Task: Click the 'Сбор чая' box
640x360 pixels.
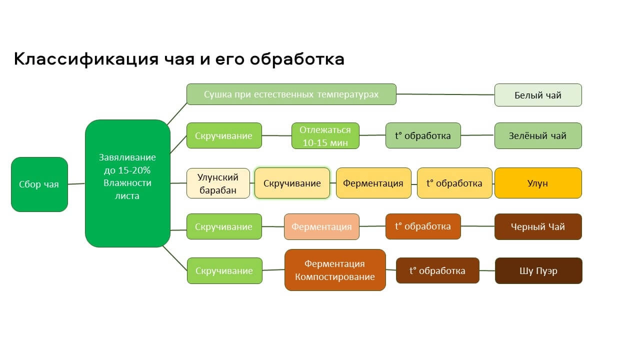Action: pos(39,184)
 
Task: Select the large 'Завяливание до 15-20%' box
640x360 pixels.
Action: pos(127,183)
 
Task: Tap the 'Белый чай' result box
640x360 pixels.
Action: pos(538,95)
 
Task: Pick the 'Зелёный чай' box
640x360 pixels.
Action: pos(538,135)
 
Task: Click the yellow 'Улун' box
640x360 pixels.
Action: pos(538,183)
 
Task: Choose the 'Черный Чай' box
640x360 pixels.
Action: pos(538,226)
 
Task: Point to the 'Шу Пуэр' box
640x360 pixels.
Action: pos(538,270)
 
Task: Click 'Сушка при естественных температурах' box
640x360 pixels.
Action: pos(291,94)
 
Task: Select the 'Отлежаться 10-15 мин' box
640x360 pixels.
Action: pos(325,135)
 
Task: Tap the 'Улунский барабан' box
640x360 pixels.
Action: pos(218,183)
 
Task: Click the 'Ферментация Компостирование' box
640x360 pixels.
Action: pos(335,270)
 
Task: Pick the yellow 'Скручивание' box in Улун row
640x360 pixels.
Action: pos(292,183)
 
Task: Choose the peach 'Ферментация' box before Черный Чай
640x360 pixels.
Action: pos(321,226)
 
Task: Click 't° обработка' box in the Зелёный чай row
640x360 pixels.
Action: pos(423,135)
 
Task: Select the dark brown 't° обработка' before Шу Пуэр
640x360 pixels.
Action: pos(437,270)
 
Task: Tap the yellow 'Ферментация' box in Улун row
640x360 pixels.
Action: pos(373,183)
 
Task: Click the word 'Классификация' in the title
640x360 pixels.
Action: pos(86,59)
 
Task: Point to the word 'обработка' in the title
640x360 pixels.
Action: pos(297,59)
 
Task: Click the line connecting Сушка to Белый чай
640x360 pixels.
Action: pos(445,94)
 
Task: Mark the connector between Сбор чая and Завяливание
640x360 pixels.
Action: pos(76,184)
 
